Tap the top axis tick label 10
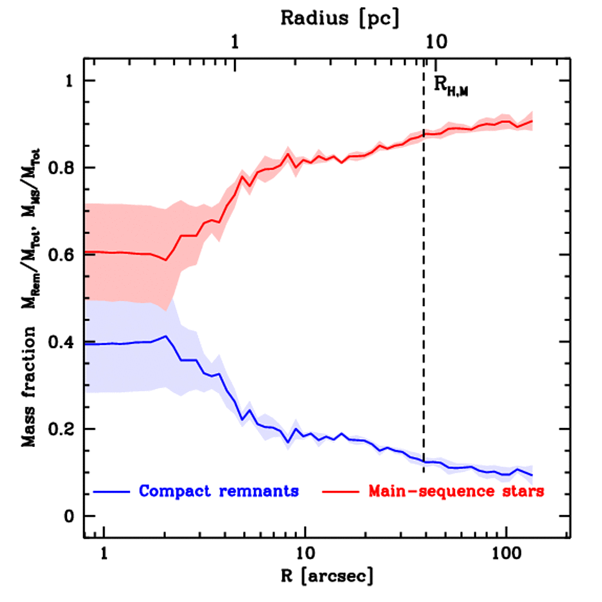pos(436,42)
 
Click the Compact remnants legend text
pos(218,491)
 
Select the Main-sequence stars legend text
pos(456,491)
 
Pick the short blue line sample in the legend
pos(112,491)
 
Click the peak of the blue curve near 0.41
pos(166,336)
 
